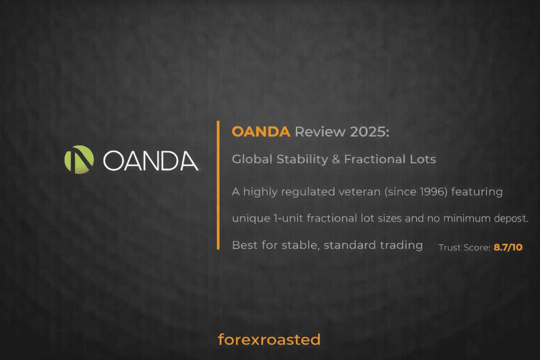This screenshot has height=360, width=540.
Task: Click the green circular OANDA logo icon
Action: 79,160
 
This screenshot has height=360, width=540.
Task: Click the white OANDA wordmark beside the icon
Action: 151,161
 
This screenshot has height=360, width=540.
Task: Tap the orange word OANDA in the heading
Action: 261,132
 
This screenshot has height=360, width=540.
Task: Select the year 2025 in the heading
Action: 369,132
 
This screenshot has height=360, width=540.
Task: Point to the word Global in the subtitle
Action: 252,159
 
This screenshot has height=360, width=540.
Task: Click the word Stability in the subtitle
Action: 302,159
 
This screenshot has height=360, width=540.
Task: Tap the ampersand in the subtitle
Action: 336,159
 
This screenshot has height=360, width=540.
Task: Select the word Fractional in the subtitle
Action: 375,159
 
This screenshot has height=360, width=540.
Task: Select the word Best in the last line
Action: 245,245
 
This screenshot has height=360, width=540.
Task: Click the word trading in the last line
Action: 401,245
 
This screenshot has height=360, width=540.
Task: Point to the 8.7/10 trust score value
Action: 508,247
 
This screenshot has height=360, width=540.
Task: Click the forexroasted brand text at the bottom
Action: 269,340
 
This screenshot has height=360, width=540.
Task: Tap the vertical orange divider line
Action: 218,185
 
